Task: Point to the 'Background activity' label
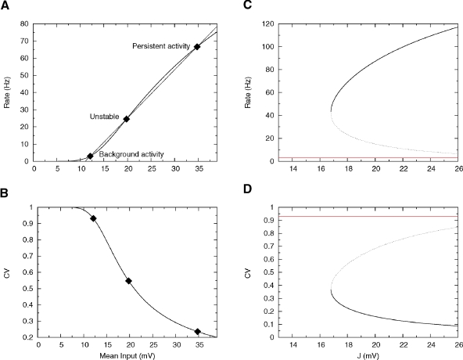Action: pos(131,154)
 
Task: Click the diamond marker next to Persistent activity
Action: pos(197,47)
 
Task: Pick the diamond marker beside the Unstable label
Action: pos(126,119)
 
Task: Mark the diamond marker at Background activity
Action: pos(90,156)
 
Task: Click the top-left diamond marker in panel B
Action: pos(93,218)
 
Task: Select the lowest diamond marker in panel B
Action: pos(198,332)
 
